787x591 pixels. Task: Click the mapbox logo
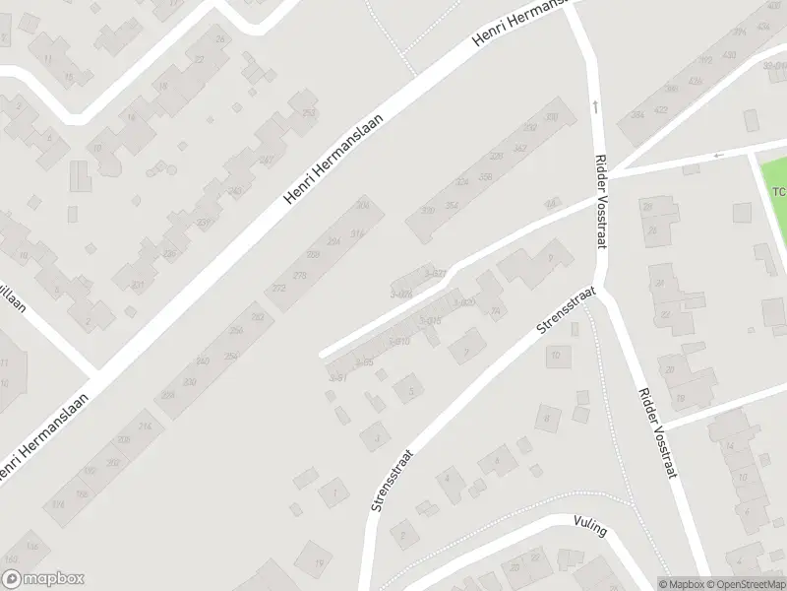tap(42, 579)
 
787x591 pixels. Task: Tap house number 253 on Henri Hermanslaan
tap(309, 113)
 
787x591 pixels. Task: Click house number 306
tap(363, 205)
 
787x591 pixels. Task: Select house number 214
tap(146, 426)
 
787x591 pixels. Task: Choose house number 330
tap(551, 117)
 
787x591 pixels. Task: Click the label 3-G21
tap(437, 274)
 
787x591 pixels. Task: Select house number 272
tap(278, 289)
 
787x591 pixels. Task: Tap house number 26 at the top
tap(220, 38)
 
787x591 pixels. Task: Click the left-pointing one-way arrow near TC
tap(719, 155)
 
